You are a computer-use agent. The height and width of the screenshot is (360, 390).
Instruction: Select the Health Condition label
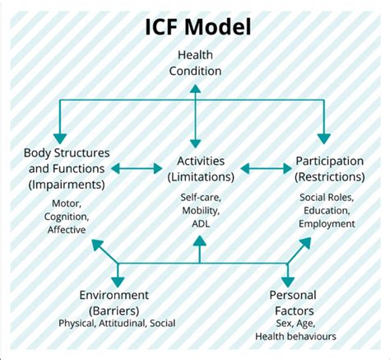click(195, 63)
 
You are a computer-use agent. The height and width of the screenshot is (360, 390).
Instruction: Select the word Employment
click(327, 223)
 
